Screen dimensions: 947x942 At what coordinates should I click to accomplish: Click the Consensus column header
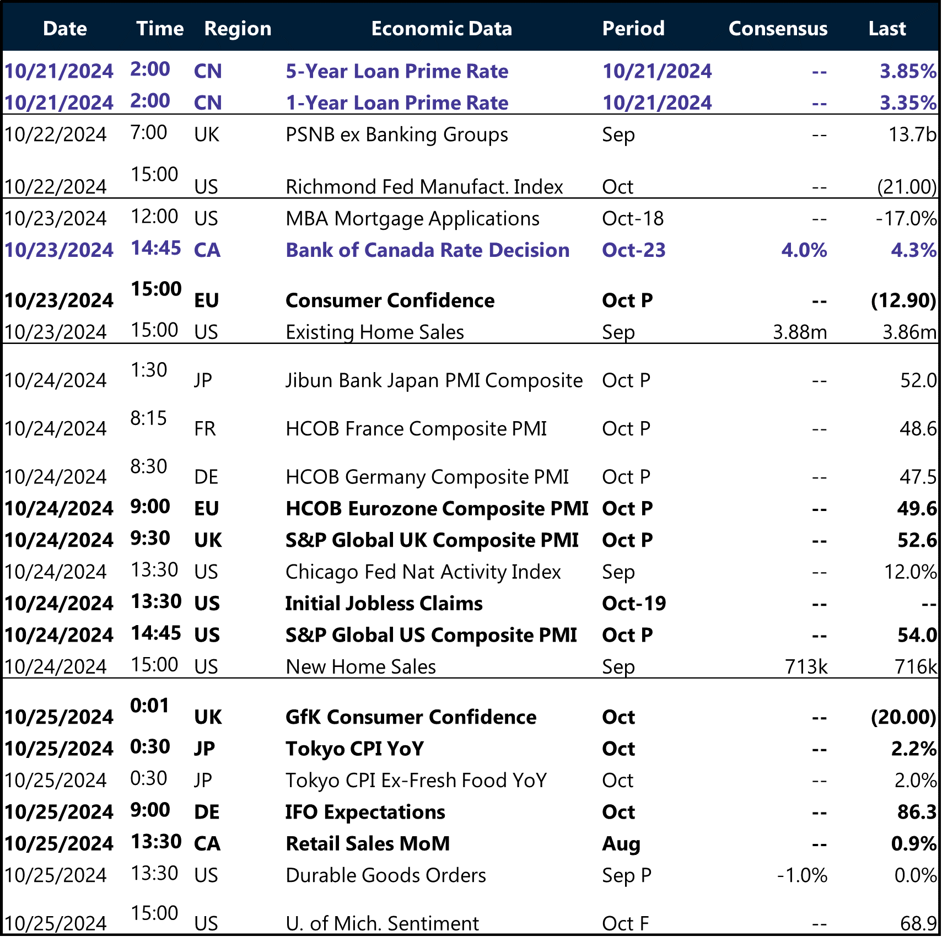coord(777,29)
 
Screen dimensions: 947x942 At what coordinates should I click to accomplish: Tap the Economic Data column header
coord(442,29)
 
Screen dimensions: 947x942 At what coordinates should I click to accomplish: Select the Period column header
coord(633,29)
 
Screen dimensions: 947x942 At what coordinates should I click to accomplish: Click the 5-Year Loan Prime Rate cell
coord(397,71)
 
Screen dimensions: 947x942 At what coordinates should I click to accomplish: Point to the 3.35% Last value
coord(908,103)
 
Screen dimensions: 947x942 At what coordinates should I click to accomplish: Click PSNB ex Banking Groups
coord(397,134)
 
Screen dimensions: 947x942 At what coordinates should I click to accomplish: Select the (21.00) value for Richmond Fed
coord(907,187)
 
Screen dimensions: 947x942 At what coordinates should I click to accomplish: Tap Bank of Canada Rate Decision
coord(427,250)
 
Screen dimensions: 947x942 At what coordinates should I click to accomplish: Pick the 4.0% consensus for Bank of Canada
coord(804,250)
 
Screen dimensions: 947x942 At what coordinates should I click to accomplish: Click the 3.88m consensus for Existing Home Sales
coord(800,332)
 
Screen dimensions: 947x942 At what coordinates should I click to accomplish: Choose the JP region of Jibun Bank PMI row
coord(203,380)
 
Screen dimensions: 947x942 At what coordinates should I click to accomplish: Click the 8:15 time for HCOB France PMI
coord(148,418)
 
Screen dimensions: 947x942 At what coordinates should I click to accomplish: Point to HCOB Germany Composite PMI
coord(427,477)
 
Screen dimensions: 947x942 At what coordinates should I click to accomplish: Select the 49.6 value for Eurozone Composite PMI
coord(917,508)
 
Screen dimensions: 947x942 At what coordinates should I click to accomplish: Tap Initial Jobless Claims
coord(384,604)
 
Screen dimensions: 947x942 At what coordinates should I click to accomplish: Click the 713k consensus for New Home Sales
coord(806,667)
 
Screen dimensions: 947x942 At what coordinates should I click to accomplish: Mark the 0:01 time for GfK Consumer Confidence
coord(149,706)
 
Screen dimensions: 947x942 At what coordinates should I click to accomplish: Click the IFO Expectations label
coord(365,813)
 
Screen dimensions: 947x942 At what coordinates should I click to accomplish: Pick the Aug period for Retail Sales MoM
coord(621,844)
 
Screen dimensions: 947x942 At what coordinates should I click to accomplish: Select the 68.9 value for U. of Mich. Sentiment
coord(918,923)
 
